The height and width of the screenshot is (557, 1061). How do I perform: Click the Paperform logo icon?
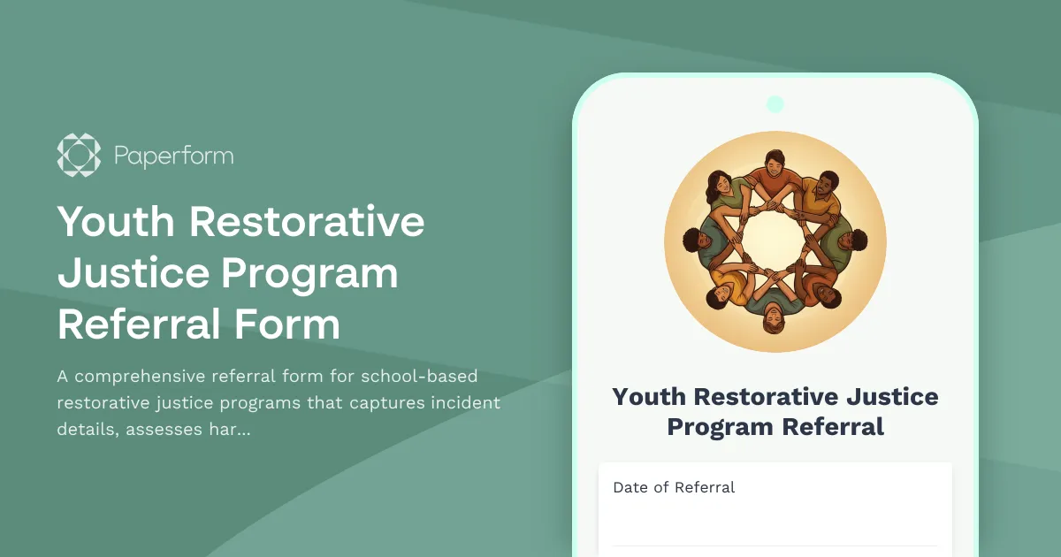coord(80,156)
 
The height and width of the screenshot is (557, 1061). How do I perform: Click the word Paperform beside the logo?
coord(174,156)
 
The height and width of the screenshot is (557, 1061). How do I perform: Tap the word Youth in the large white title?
coord(115,221)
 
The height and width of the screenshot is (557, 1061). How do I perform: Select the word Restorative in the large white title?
coord(307,221)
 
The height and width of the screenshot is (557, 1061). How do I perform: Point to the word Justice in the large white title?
coord(131,273)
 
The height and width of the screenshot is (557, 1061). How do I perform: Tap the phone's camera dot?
coord(775,104)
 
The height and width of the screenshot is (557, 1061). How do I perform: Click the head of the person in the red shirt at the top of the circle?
coord(775,163)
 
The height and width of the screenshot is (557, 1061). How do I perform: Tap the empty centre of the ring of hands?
coord(775,240)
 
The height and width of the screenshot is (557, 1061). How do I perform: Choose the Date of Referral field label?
coord(674,487)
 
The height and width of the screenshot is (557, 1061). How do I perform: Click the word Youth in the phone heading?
coord(649,396)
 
